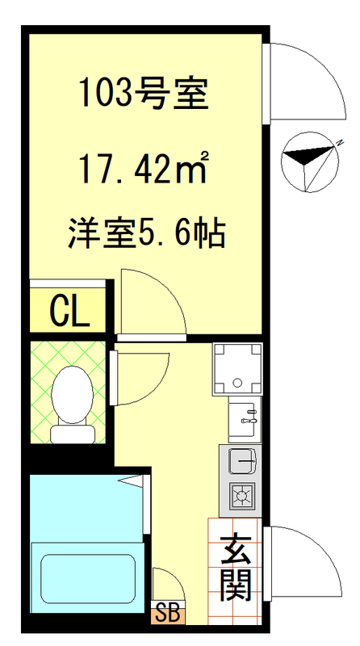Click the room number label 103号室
click(x=144, y=95)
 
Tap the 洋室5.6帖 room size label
click(x=144, y=234)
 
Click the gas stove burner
click(x=242, y=495)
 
